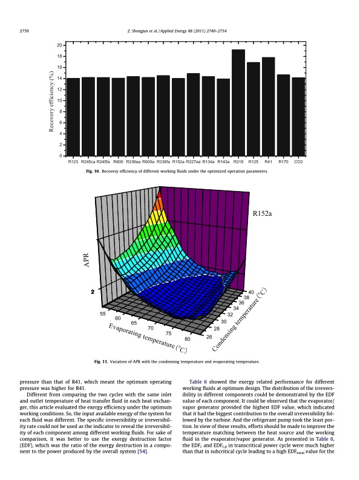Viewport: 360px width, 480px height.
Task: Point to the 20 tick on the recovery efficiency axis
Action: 59,45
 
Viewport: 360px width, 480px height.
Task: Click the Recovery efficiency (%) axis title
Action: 52,100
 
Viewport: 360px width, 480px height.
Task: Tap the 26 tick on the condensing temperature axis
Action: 209,336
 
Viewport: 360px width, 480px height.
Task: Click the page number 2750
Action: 25,30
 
